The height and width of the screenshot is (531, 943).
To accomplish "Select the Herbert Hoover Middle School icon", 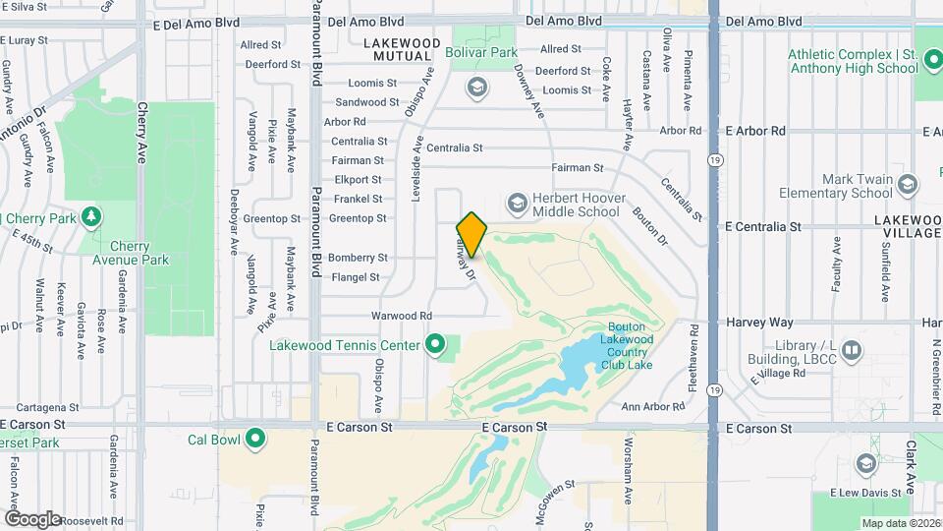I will pos(517,204).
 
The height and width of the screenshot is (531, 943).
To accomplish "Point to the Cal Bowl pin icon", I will pos(255,439).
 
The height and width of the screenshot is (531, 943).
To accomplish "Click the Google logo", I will pos(34,518).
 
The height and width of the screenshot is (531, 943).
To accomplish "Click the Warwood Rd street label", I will pos(401,316).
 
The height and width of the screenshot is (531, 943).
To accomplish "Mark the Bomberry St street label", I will pos(358,258).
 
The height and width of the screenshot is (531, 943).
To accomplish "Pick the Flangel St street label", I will pos(355,277).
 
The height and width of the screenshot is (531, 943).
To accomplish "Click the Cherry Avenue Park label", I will pos(139,253).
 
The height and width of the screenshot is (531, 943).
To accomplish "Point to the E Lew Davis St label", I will pos(864,493).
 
